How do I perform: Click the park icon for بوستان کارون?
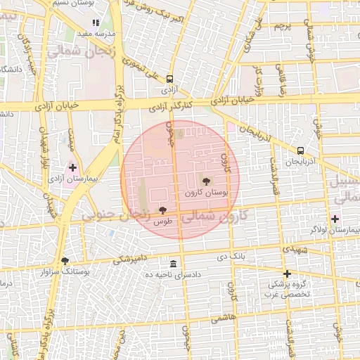pyautogui.click(x=206, y=181)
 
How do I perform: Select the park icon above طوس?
pyautogui.click(x=163, y=210)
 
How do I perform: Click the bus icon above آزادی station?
pyautogui.click(x=169, y=79)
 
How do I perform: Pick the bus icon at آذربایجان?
pyautogui.click(x=301, y=150)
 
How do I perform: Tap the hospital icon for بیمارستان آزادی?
pyautogui.click(x=72, y=167)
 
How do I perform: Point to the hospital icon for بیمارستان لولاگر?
pyautogui.click(x=335, y=219)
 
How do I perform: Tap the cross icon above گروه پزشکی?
pyautogui.click(x=287, y=274)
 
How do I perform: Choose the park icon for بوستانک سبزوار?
pyautogui.click(x=65, y=260)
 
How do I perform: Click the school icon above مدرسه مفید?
pyautogui.click(x=97, y=23)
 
